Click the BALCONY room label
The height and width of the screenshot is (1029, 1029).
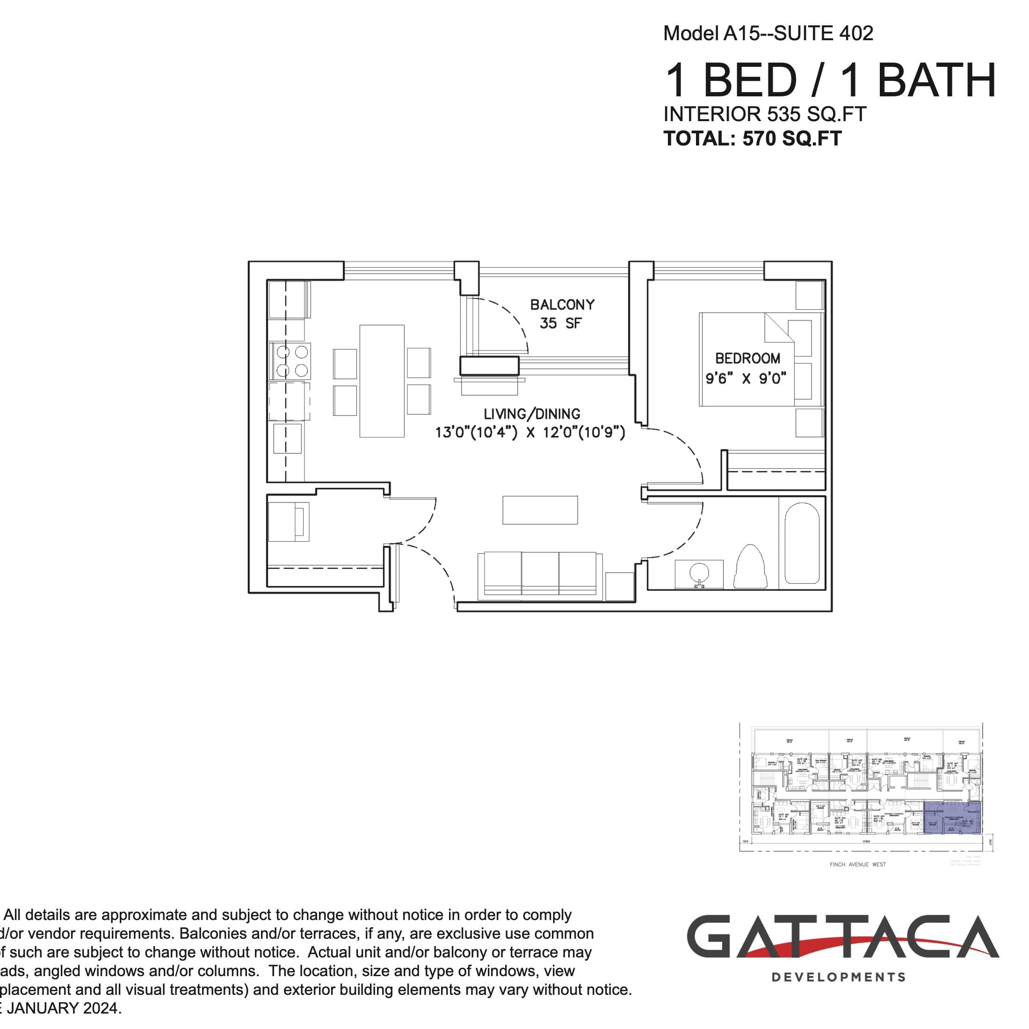coord(562,304)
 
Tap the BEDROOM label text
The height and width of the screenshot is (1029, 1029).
coord(747,358)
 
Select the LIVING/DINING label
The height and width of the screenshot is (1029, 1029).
coord(531,414)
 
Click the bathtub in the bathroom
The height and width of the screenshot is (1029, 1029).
coord(802,543)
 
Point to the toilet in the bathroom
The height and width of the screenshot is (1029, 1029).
coord(750,567)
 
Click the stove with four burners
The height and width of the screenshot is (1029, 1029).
coord(291,361)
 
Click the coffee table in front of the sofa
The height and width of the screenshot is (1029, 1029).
coord(540,510)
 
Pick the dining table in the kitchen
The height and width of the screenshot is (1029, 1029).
coord(382,381)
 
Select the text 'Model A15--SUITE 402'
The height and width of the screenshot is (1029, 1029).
coord(768,34)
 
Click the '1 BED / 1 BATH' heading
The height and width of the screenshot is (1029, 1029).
coord(830,80)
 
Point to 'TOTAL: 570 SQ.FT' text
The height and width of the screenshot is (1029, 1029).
coord(752,138)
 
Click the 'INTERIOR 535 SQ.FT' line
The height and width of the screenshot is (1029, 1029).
coord(764,114)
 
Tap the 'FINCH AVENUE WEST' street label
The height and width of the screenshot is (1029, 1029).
coord(857,864)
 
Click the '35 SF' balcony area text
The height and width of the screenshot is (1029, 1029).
coord(560,323)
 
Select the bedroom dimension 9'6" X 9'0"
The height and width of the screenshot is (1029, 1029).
coord(746,379)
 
